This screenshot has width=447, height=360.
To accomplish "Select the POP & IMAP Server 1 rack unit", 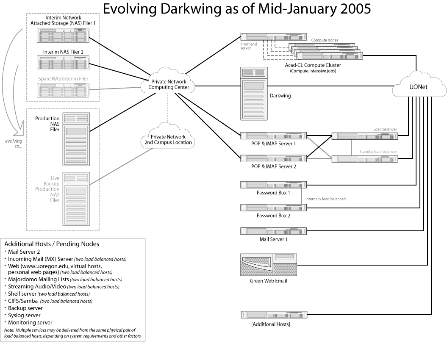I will click(273, 136).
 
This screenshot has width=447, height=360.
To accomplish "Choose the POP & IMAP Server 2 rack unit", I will click(273, 159).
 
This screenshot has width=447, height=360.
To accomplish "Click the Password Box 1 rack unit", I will click(273, 185).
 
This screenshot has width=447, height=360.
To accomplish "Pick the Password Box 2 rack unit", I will click(273, 208).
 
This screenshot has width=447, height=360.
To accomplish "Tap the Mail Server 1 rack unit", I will click(273, 231).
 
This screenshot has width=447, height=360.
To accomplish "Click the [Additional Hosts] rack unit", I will click(273, 315).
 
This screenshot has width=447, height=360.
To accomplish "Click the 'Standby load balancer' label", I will click(378, 151).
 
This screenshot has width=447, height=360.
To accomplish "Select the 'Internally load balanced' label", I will click(325, 199).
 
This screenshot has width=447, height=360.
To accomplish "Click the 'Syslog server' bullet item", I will click(24, 315).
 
